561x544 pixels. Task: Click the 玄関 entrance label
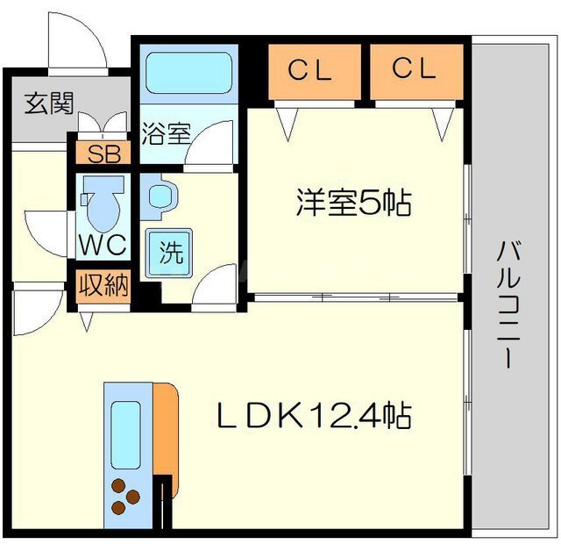pyautogui.click(x=49, y=104)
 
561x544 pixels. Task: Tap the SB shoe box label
pyautogui.click(x=103, y=154)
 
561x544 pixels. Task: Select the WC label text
pyautogui.click(x=103, y=245)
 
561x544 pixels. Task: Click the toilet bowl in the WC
pyautogui.click(x=103, y=204)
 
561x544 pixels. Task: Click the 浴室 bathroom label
pyautogui.click(x=166, y=133)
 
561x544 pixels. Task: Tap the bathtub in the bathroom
pyautogui.click(x=189, y=73)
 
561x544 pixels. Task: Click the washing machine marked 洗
pyautogui.click(x=171, y=253)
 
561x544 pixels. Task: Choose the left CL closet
pyautogui.click(x=315, y=72)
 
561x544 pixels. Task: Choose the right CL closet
pyautogui.click(x=416, y=72)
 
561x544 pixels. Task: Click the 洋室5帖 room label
pyautogui.click(x=354, y=203)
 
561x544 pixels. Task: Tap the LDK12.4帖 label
pyautogui.click(x=314, y=416)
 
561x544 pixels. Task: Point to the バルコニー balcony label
pyautogui.click(x=508, y=304)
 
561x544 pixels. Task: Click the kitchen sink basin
pyautogui.click(x=125, y=435)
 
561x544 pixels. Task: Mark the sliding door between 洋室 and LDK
pyautogui.click(x=356, y=297)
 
